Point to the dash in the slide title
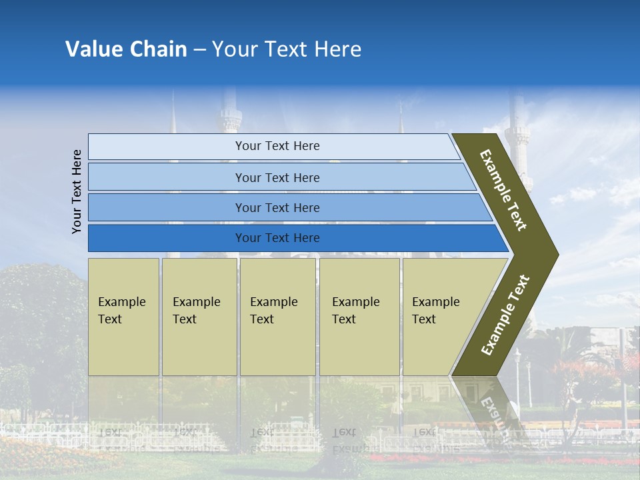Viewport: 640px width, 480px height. click(199, 50)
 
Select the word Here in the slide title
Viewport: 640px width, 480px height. click(337, 49)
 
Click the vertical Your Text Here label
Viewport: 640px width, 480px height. click(77, 191)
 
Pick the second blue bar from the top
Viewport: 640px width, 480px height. click(277, 177)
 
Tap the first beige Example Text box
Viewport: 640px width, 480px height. click(123, 316)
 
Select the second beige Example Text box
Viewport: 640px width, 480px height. click(199, 316)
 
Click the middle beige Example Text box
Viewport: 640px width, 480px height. click(277, 316)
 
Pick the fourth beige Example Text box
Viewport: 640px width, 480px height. click(359, 316)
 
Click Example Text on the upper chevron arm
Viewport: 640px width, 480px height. click(503, 190)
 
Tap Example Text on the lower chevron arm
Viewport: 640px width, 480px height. click(505, 315)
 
